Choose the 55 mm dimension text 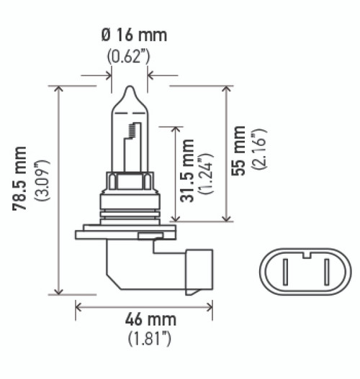coord(240,151)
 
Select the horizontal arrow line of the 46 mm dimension coord(144,307)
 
